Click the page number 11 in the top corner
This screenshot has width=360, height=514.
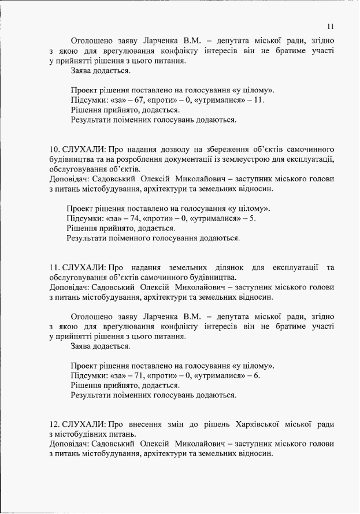330,26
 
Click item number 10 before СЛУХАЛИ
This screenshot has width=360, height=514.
54,149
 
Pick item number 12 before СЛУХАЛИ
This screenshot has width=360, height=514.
54,424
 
